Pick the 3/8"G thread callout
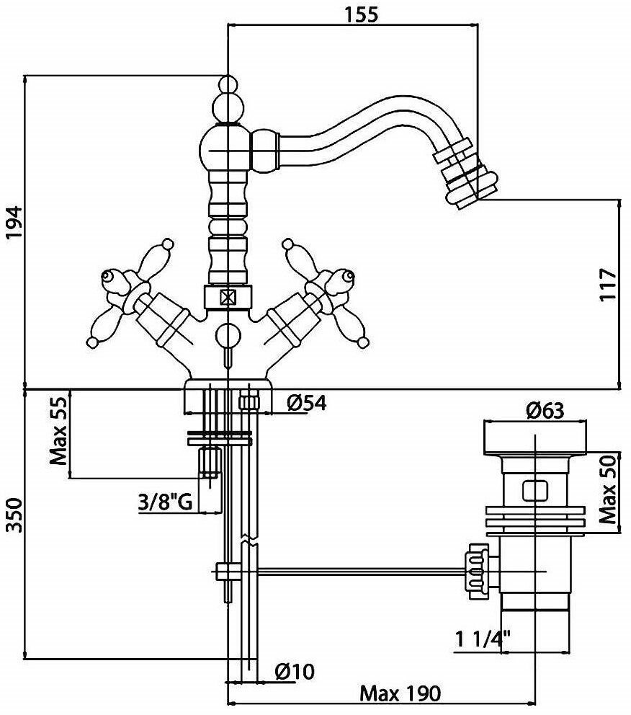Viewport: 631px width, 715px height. tap(165, 502)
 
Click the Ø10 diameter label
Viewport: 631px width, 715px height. tap(294, 672)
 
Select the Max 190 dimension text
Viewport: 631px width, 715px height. tap(399, 693)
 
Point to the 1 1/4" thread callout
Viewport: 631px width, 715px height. tap(483, 638)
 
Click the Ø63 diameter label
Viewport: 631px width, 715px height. tap(545, 412)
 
